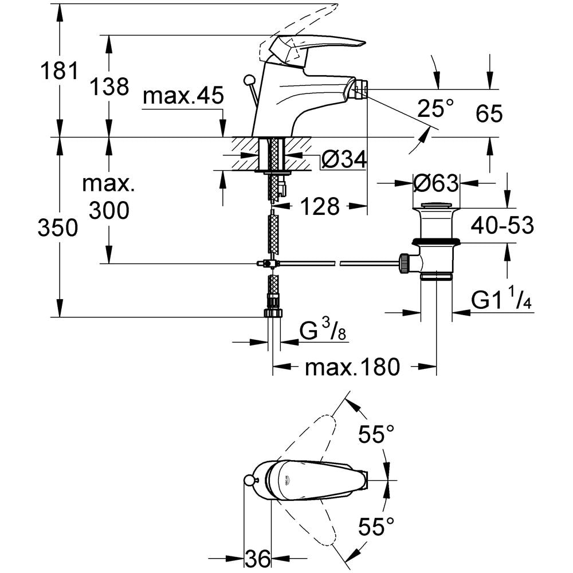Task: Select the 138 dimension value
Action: tap(109, 87)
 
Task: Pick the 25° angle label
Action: tap(435, 107)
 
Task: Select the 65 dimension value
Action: tap(489, 114)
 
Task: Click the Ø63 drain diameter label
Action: tap(436, 183)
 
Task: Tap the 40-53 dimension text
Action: tap(503, 225)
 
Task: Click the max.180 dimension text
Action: tap(352, 367)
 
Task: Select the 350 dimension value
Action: tap(58, 228)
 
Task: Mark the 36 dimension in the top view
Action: tap(258, 556)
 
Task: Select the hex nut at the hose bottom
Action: tap(273, 313)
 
